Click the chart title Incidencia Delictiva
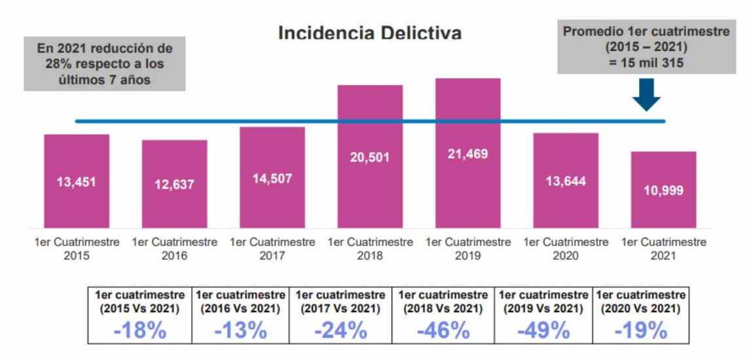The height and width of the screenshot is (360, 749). [370, 33]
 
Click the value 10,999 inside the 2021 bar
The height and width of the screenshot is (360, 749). [663, 190]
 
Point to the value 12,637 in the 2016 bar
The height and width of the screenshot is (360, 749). [174, 185]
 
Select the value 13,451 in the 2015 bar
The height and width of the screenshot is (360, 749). [76, 182]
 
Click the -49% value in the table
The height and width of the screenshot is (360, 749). [543, 330]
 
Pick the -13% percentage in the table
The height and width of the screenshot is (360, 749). [240, 330]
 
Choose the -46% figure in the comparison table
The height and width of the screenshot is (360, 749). [443, 330]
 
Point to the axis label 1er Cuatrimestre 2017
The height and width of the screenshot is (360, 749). [272, 249]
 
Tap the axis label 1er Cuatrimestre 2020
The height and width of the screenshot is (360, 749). [566, 249]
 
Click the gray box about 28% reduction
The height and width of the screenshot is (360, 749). [105, 64]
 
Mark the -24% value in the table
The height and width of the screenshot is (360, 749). [340, 330]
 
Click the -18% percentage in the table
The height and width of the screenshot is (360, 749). [139, 330]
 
